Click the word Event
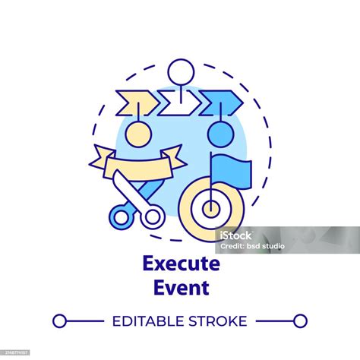click(179, 287)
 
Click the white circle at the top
click(179, 74)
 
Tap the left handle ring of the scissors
click(122, 216)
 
